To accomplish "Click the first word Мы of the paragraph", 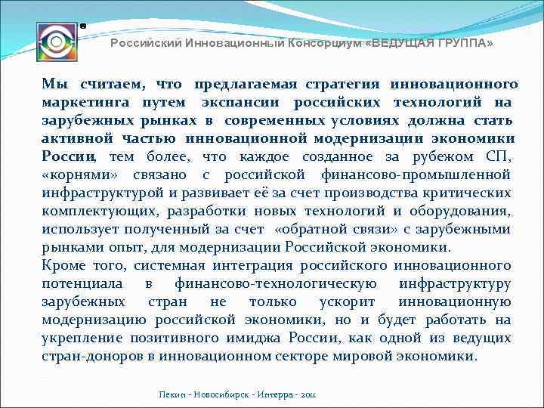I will pos(54,83).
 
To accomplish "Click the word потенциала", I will pos(82,283).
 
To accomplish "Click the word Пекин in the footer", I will pos(173,394).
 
